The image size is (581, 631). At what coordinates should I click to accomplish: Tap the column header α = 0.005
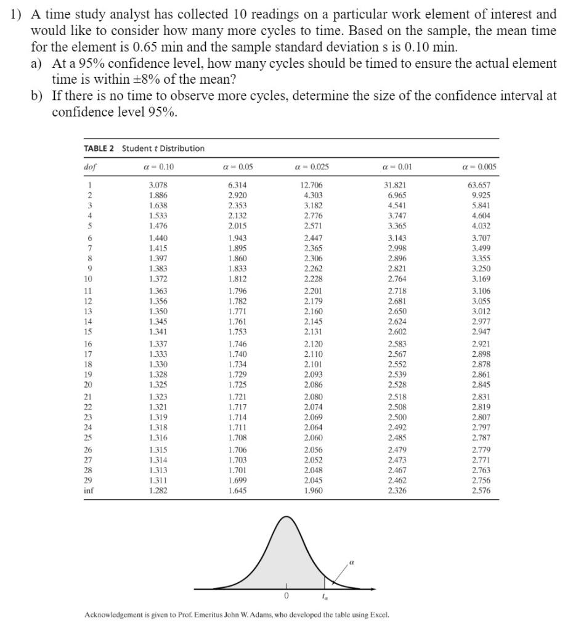(x=479, y=166)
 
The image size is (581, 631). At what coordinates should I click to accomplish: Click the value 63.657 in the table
(x=479, y=184)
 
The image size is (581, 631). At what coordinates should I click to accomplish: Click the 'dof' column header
(x=90, y=166)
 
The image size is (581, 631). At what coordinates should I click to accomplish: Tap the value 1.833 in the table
(x=237, y=269)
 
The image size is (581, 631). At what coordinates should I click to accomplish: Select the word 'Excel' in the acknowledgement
(x=378, y=614)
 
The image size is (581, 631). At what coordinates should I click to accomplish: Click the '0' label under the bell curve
(x=286, y=596)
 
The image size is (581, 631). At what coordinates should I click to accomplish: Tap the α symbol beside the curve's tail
(x=352, y=561)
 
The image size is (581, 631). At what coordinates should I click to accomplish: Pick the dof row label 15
(x=89, y=332)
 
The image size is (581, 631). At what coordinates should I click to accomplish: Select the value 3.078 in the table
(x=158, y=184)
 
